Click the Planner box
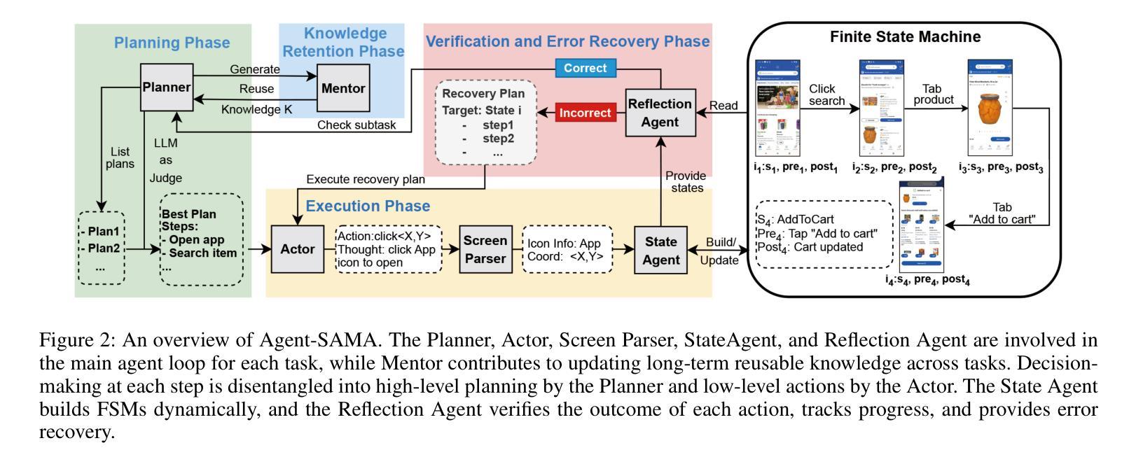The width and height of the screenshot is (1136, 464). point(167,87)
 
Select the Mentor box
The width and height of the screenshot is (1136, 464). point(343,89)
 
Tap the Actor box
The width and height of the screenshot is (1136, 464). point(298,249)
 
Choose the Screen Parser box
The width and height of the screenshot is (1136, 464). point(485,249)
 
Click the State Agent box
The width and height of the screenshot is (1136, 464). point(660,250)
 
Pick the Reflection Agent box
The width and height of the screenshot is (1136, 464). point(659,113)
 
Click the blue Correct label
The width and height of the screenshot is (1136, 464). point(586,69)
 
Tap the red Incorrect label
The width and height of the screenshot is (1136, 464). point(585,113)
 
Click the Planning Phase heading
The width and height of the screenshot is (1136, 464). point(172,43)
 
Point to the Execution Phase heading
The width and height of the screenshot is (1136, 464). point(368,206)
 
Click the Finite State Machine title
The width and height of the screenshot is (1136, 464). point(905,37)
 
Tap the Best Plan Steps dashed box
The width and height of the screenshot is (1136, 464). point(202,239)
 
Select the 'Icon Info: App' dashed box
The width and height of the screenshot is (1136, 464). point(567,250)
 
